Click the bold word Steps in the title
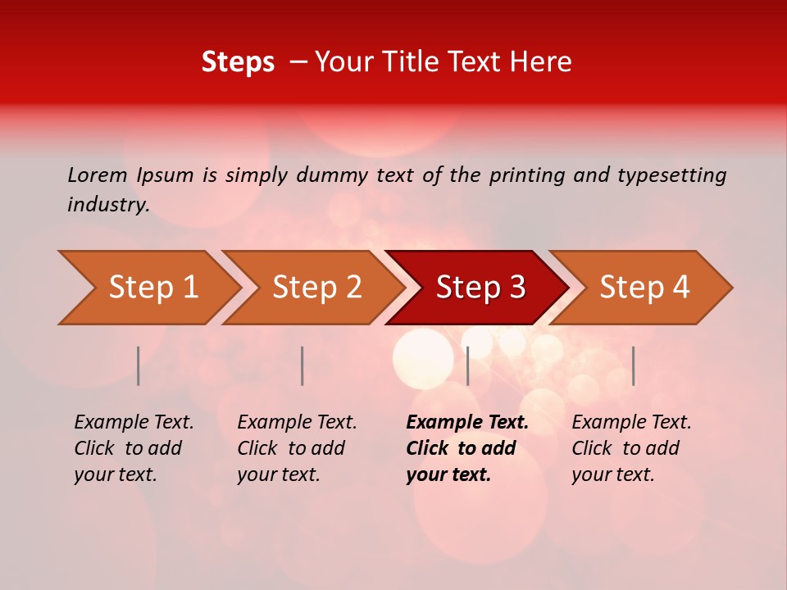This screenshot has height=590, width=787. (238, 62)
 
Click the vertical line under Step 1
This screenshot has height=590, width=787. (139, 365)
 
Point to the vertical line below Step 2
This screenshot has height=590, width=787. (303, 365)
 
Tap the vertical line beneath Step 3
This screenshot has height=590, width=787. (467, 365)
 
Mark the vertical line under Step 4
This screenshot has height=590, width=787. (633, 365)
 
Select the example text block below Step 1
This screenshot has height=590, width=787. (134, 447)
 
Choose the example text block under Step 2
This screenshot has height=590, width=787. (297, 447)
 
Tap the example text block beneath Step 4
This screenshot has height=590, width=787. (631, 447)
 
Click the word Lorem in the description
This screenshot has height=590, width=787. (98, 175)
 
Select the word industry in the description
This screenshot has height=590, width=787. (108, 205)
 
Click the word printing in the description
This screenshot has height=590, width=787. (526, 175)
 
